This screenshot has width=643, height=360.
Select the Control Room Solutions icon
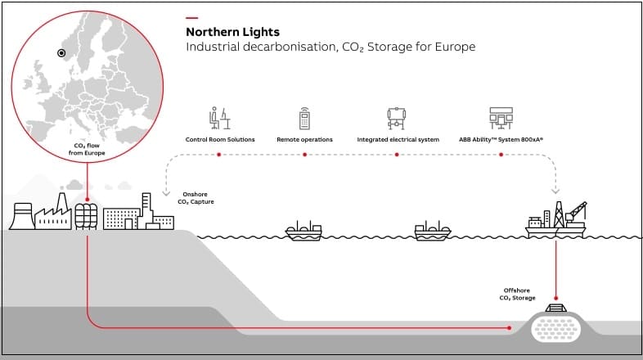click(219, 119)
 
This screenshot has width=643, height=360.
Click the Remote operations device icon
click(304, 119)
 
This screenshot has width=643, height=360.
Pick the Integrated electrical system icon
click(396, 119)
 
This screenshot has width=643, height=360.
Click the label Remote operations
click(304, 140)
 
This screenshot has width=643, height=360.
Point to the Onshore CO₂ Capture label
click(196, 198)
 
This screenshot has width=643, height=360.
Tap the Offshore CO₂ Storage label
click(518, 294)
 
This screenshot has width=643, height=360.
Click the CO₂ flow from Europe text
click(88, 149)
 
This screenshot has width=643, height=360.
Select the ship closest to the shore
click(304, 231)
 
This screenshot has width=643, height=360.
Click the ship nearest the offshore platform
click(433, 231)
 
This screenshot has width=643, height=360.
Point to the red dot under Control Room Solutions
click(219, 153)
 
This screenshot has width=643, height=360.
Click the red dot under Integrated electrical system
click(396, 153)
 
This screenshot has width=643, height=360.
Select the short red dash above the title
click(191, 17)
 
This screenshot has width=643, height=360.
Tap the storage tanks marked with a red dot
click(86, 215)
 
